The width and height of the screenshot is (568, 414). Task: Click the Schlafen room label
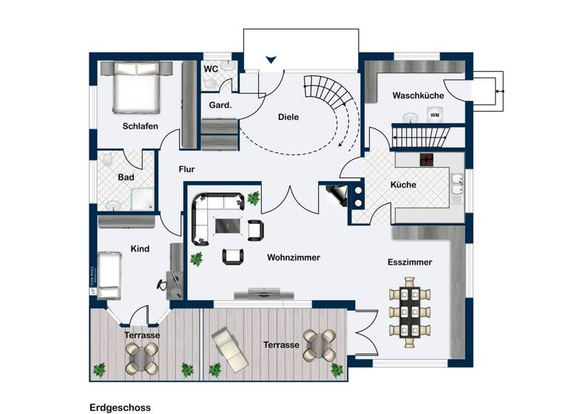(140, 126)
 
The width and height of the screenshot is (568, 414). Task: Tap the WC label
(211, 69)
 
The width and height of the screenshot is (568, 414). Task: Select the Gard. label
(220, 105)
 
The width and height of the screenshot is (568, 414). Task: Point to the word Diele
(288, 117)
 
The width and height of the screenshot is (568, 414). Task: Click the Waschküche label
(417, 95)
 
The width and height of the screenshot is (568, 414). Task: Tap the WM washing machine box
(435, 115)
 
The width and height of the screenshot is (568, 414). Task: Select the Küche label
(403, 185)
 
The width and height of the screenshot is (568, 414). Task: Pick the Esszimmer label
(410, 262)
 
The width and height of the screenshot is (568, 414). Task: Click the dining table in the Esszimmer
(409, 310)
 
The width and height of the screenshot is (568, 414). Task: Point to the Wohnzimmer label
(294, 257)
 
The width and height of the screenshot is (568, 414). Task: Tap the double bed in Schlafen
(135, 88)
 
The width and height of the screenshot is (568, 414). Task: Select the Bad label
(126, 177)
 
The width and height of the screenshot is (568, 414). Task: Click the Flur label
(187, 169)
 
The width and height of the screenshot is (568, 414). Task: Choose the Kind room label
(140, 249)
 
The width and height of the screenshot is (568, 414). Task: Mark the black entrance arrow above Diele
(272, 59)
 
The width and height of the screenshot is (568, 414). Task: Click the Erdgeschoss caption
(120, 407)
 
